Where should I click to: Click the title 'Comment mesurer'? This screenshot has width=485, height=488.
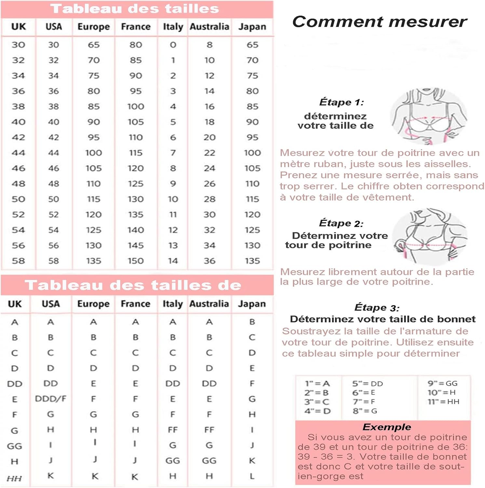(379, 22)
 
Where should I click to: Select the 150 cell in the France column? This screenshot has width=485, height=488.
(136, 261)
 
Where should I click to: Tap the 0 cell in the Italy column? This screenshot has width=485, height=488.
(173, 45)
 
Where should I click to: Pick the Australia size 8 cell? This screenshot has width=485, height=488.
(209, 45)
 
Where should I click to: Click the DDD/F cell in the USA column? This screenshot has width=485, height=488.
(51, 399)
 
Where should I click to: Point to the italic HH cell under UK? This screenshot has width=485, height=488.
(14, 478)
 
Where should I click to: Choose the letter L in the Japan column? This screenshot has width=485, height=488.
(252, 476)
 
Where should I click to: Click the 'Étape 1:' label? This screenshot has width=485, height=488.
(342, 102)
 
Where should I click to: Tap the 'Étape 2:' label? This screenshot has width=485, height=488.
(341, 223)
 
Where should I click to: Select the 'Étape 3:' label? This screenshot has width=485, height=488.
(377, 307)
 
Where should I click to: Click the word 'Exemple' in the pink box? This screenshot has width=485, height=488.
(386, 427)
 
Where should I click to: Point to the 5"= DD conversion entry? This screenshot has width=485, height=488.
(367, 384)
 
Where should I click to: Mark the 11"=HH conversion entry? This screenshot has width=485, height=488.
(443, 402)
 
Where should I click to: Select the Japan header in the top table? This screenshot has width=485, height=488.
(252, 27)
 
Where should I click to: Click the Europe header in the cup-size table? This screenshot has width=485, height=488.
(93, 304)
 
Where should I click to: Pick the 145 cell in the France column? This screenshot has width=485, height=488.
(136, 246)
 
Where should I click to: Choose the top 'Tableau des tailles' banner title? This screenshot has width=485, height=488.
(135, 9)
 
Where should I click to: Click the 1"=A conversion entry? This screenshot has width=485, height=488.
(317, 384)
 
